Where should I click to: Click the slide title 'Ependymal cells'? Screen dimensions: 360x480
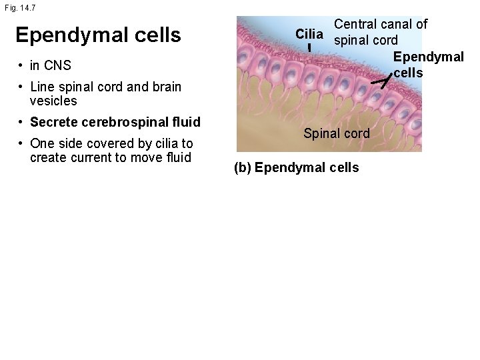click(x=98, y=35)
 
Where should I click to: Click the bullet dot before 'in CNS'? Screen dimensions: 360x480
click(x=22, y=65)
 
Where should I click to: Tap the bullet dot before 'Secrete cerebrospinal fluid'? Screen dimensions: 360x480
click(x=22, y=122)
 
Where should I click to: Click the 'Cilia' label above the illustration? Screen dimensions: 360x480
click(x=309, y=34)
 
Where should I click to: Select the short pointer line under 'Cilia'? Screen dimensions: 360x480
click(x=309, y=48)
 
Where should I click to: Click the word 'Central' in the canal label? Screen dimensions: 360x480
click(x=356, y=25)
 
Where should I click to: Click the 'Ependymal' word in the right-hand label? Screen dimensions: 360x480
click(x=429, y=57)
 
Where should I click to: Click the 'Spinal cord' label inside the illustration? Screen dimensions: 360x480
click(x=336, y=133)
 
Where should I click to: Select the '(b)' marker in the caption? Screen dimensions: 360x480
click(x=242, y=167)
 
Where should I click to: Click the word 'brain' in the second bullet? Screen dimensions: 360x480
click(x=166, y=87)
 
